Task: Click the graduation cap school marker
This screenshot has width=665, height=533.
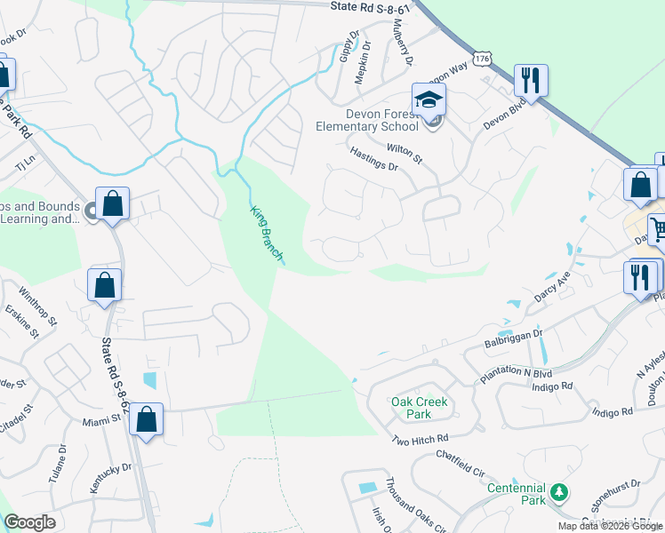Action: [429, 99]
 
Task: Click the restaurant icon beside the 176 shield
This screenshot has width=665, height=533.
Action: [531, 81]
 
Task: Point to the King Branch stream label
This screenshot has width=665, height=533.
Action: [266, 232]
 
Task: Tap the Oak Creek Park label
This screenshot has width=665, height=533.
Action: [420, 408]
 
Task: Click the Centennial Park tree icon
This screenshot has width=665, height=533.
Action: [559, 491]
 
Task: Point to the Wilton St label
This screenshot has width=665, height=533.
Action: [404, 152]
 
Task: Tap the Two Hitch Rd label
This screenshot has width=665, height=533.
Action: [421, 440]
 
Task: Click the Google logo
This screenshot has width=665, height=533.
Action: [29, 522]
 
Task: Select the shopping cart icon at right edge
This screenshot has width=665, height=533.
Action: [658, 229]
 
